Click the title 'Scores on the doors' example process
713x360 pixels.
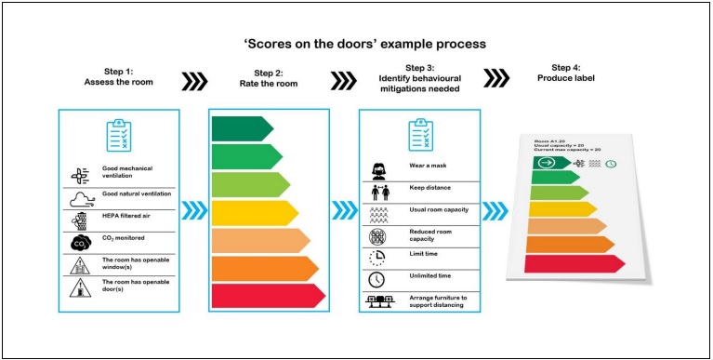pos(356,44)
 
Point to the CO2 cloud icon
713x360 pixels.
pos(80,243)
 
